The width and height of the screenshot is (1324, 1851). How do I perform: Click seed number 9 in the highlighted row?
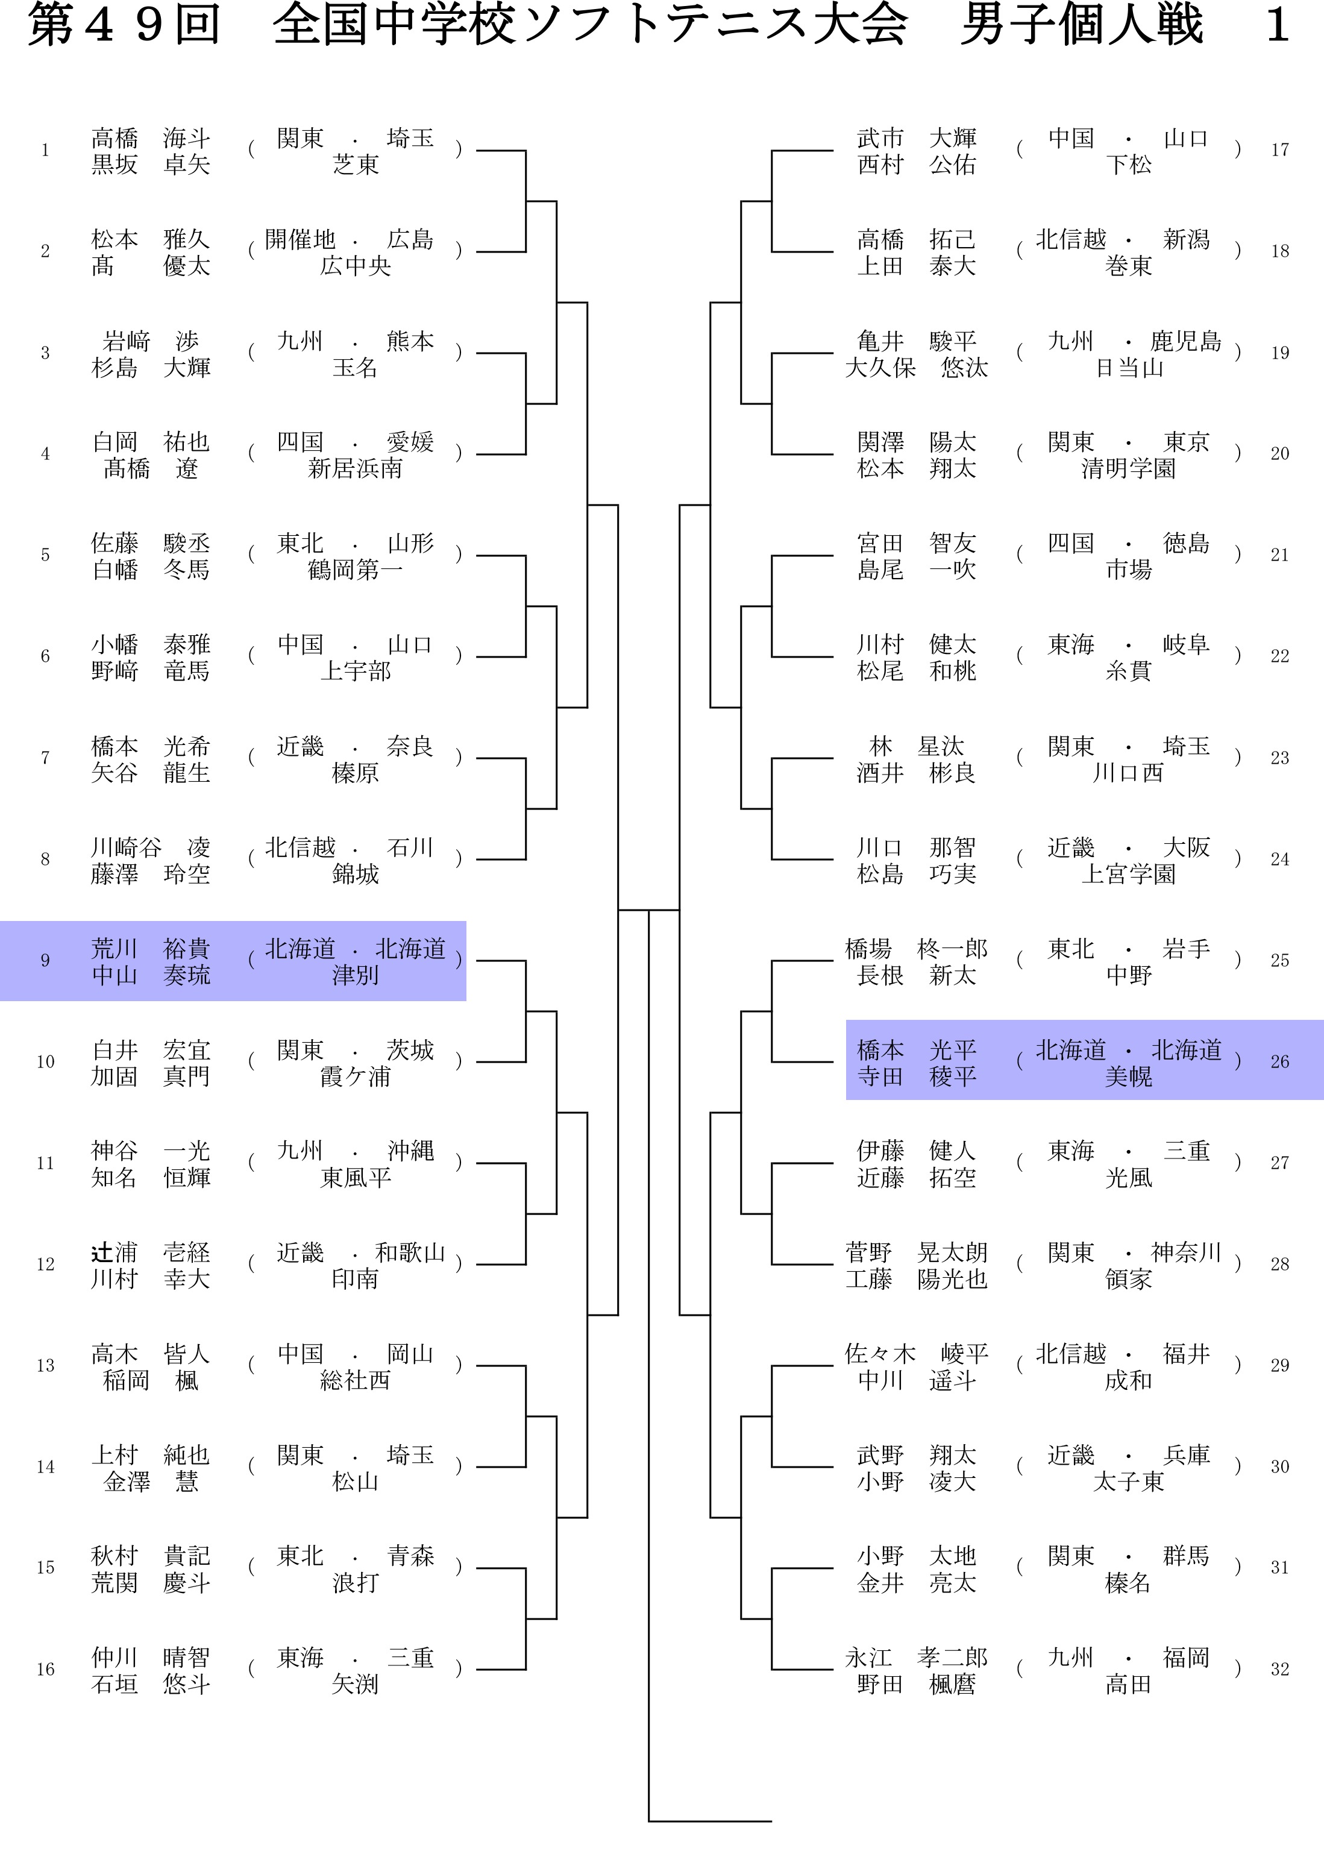point(46,961)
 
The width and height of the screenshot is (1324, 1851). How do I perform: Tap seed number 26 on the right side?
point(1279,1061)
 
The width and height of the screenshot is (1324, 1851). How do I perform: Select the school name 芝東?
point(356,165)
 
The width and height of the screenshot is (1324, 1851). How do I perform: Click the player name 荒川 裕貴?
point(151,948)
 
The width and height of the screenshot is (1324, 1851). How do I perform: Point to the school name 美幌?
point(1128,1077)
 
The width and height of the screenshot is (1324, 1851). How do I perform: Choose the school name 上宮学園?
point(1128,874)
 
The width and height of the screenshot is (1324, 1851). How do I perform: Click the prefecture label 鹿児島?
point(1185,341)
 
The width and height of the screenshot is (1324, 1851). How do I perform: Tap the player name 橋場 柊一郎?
point(917,948)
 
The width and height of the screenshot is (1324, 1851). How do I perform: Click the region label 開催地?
point(300,240)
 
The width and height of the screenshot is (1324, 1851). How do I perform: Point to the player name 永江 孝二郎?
point(917,1657)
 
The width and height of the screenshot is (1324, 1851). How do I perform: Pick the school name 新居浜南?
point(356,469)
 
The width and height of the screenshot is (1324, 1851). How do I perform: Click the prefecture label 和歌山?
point(409,1252)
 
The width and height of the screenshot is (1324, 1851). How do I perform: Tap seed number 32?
point(1279,1669)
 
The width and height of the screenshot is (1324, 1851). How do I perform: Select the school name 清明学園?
point(1128,469)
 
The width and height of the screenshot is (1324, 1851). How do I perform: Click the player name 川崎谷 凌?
point(151,847)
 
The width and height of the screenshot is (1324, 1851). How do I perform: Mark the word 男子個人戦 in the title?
point(1082,25)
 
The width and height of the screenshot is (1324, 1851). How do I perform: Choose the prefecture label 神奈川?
point(1185,1252)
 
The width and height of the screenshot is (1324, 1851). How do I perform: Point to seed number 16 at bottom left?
point(46,1669)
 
